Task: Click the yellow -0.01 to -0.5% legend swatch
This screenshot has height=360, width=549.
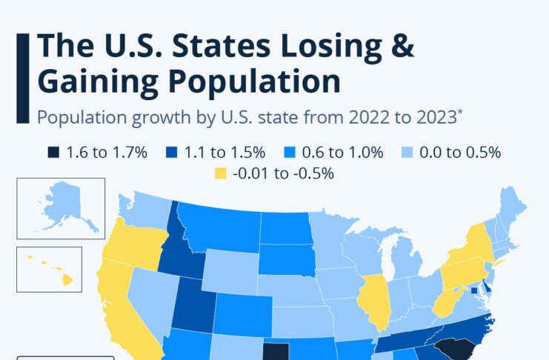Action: pyautogui.click(x=219, y=175)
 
